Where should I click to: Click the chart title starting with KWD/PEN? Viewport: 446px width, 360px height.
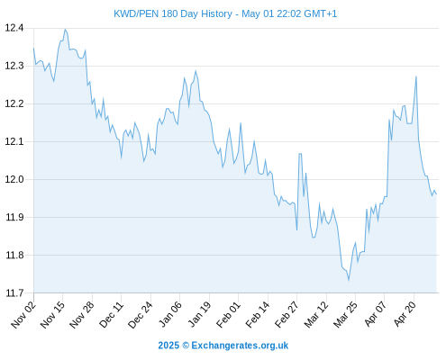[x=225, y=14]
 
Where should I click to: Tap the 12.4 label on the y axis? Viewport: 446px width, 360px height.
[x=14, y=28]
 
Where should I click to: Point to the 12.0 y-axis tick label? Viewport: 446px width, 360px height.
[x=14, y=179]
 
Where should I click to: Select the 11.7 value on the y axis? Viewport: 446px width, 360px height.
[x=14, y=292]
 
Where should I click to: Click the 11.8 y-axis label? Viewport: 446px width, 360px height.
[x=14, y=255]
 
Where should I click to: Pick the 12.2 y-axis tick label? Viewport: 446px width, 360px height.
[x=14, y=103]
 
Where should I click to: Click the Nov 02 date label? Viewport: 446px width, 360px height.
[x=23, y=315]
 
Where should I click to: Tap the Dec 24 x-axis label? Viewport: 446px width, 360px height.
[x=141, y=315]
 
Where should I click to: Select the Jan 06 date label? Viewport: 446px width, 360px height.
[x=169, y=315]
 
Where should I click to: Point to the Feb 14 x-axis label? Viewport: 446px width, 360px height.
[x=258, y=315]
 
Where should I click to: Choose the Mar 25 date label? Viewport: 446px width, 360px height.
[x=345, y=315]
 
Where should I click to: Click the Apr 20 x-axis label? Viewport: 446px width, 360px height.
[x=405, y=314]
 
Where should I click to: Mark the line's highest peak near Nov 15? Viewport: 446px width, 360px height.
[x=65, y=29]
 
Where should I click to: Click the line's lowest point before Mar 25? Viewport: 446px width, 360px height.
[x=349, y=280]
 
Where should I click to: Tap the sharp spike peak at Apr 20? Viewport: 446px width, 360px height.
[x=416, y=76]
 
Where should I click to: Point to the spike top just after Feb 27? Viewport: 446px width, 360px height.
[x=300, y=154]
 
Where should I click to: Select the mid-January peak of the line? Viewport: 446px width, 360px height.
[x=196, y=71]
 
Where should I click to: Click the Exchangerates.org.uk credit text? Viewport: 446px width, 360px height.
[x=240, y=346]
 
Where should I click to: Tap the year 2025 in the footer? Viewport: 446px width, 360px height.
[x=168, y=346]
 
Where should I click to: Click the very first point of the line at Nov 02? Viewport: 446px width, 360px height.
[x=33, y=48]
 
